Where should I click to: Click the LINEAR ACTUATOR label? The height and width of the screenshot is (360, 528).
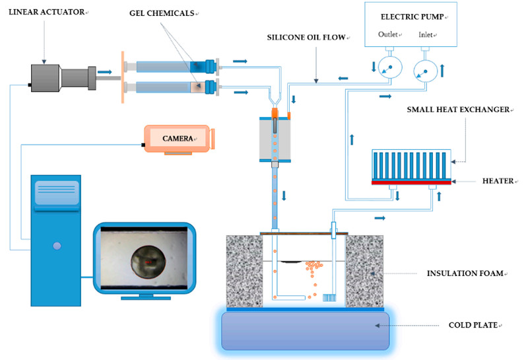(46, 12)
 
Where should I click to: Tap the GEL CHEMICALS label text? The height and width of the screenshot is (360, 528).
(162, 13)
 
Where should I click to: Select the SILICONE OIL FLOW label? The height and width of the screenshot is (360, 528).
(306, 38)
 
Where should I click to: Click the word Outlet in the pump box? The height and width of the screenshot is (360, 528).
(388, 34)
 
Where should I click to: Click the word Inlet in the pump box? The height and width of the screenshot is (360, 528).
(426, 34)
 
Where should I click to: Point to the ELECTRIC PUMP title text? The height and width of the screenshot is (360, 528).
(412, 17)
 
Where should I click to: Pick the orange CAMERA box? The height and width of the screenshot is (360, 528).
(179, 139)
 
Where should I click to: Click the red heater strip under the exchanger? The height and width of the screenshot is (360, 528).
(411, 182)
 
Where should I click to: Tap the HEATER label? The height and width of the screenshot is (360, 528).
(498, 181)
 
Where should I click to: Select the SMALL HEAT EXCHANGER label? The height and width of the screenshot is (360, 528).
(458, 110)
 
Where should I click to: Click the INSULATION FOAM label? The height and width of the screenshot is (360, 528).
(465, 273)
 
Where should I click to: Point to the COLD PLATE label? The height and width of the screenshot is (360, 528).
(473, 325)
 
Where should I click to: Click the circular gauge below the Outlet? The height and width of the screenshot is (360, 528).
(390, 67)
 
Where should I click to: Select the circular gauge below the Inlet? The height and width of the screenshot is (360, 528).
(425, 71)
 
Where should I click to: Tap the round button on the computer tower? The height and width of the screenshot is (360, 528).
(57, 246)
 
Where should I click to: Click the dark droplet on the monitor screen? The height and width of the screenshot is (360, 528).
(148, 262)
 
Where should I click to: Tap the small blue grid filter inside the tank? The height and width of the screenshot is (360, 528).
(329, 298)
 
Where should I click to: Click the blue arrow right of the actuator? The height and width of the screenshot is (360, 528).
(104, 72)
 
